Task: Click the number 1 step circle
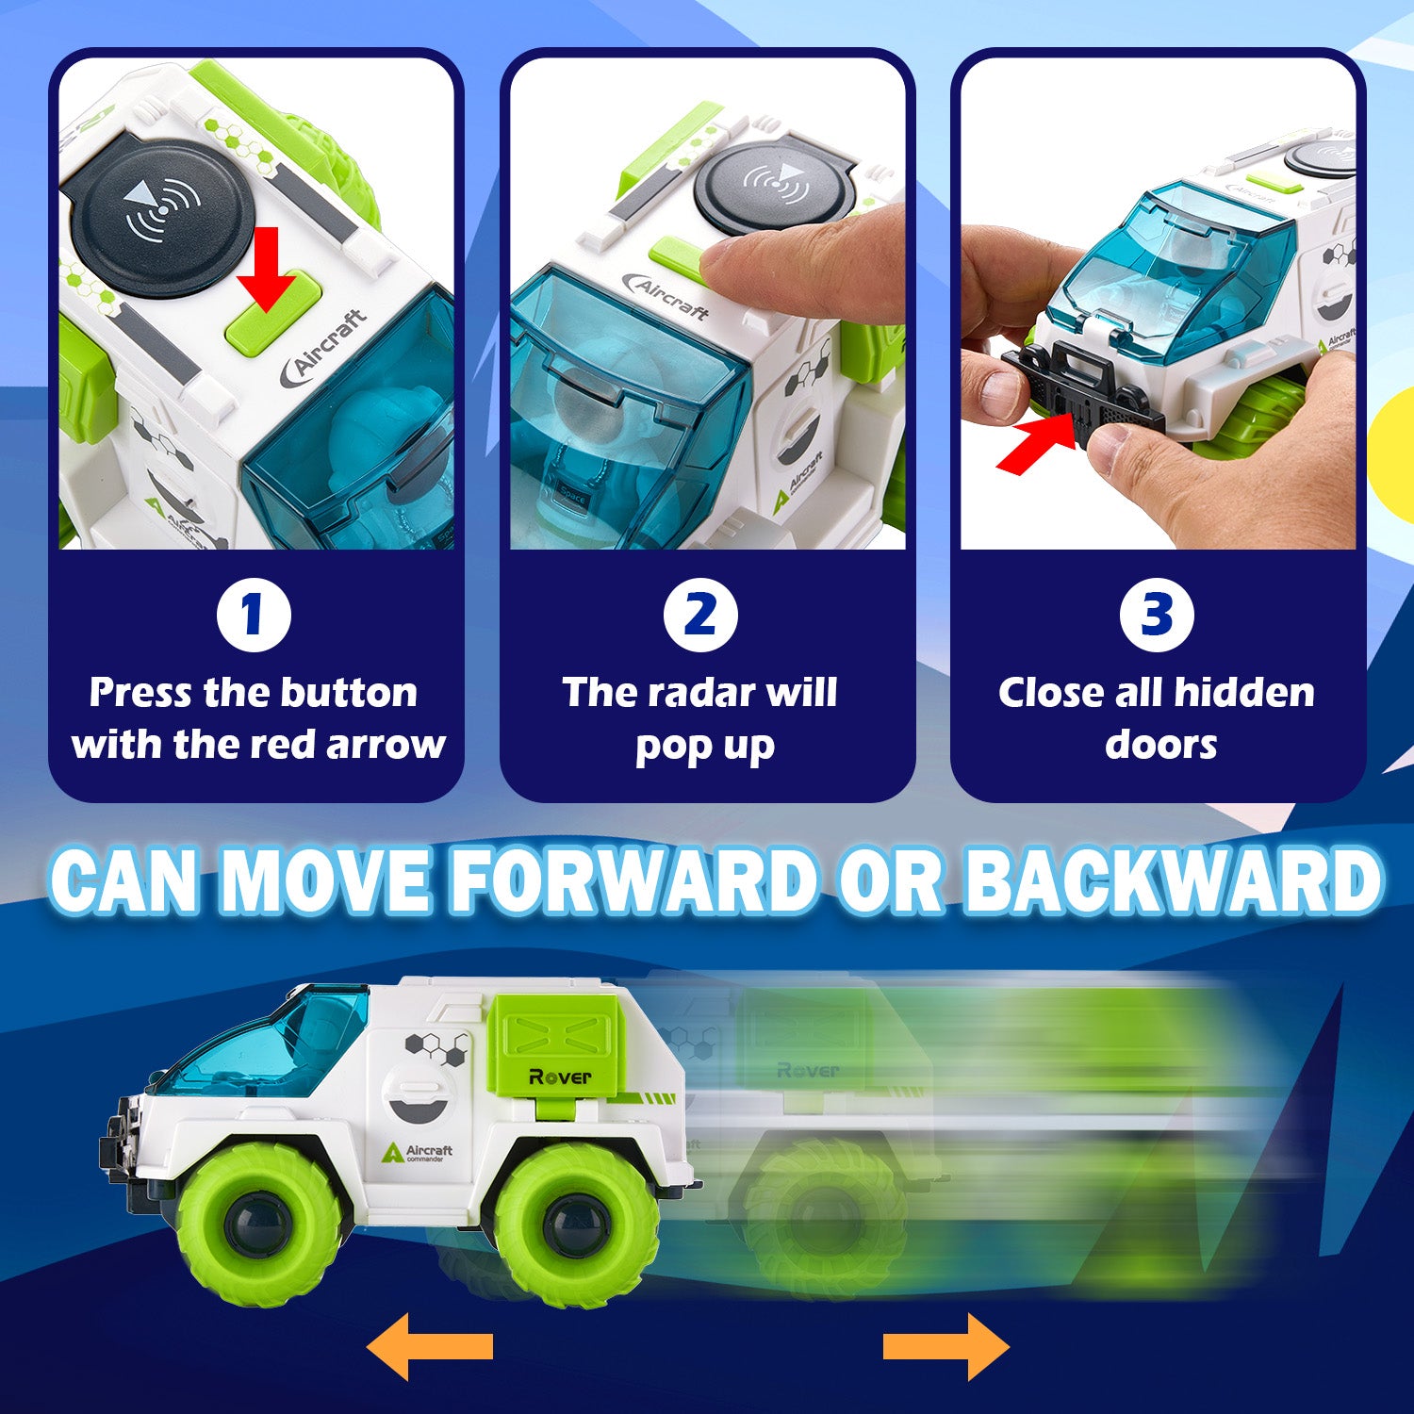(253, 615)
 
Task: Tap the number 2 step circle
(699, 615)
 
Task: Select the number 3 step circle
(1157, 615)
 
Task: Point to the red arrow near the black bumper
(1038, 443)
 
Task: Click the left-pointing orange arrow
(430, 1347)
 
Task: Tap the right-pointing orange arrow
(945, 1347)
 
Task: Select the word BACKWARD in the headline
(1173, 880)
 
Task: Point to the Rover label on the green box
(560, 1076)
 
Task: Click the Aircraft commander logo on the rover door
(418, 1152)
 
